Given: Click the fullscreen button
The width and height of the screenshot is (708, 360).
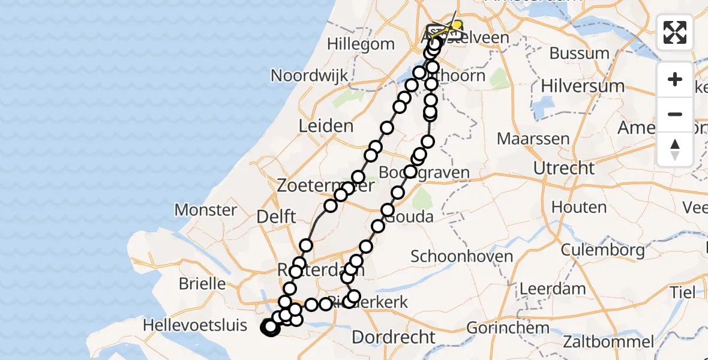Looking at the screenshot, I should coord(675,32).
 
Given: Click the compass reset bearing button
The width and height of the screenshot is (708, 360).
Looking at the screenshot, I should coord(675,149).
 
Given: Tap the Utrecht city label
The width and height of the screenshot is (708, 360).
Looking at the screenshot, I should coord(563,168).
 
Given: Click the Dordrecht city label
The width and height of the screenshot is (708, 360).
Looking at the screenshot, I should coord(393,337).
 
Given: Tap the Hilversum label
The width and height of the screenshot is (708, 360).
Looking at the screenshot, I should coord(582,86).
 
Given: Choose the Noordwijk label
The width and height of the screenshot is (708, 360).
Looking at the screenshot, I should coord(309,76).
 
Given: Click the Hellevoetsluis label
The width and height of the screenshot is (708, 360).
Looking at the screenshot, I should coord(195,326).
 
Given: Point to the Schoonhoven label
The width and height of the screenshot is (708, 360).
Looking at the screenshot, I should coord(461,257).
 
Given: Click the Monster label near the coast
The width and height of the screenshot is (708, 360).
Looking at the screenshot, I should coord(205,210).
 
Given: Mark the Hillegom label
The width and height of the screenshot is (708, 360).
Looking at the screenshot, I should coord(361,44).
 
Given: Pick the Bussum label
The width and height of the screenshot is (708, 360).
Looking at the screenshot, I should coord(579,53).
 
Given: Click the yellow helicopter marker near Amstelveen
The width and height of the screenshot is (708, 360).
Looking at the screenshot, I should coord(456,26).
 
